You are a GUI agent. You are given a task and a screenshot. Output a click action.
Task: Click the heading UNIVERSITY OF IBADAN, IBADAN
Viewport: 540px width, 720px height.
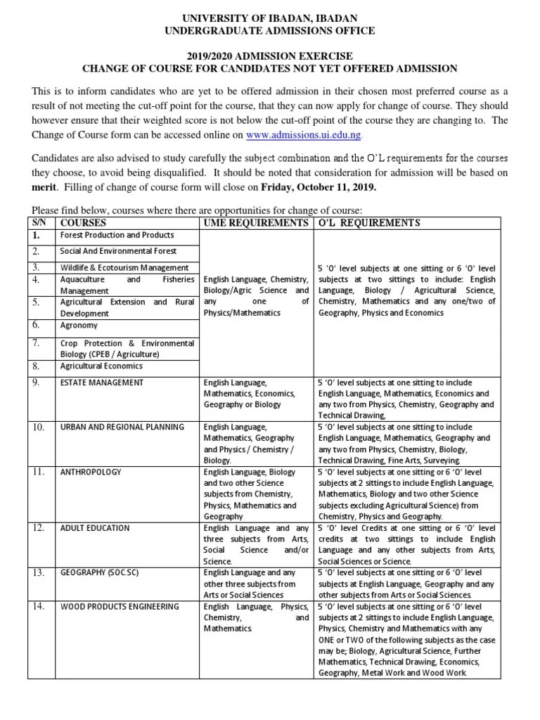click(x=270, y=18)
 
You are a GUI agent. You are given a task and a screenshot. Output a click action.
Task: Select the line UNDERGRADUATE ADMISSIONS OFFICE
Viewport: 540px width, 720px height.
click(x=270, y=31)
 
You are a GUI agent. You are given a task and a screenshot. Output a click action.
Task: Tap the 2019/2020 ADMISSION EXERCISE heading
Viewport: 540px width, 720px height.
click(x=270, y=56)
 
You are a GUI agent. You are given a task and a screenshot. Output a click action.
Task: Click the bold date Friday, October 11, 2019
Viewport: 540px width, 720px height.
click(x=319, y=188)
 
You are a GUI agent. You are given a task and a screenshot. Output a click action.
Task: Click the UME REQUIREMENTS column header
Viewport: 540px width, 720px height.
click(x=256, y=223)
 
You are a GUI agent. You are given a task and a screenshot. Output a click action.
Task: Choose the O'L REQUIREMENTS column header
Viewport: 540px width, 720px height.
click(x=369, y=223)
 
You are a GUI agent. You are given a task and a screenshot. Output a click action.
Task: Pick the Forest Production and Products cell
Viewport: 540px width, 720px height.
click(x=117, y=235)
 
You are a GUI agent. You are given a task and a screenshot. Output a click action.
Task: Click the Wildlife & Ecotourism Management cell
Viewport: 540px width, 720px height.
click(x=124, y=267)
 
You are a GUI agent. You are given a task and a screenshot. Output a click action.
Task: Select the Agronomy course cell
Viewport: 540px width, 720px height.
click(x=79, y=326)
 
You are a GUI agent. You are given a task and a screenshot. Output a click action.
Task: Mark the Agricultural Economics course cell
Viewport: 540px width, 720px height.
click(x=101, y=366)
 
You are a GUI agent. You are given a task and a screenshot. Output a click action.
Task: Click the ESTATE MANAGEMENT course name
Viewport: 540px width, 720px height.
click(x=102, y=382)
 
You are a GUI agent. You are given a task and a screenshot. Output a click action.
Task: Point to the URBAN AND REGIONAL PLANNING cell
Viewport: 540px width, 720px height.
click(x=122, y=427)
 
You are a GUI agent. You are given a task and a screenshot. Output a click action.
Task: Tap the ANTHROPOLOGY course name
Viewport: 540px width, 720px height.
click(x=91, y=472)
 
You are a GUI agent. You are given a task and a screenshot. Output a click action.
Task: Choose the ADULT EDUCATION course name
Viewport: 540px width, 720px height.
click(x=95, y=527)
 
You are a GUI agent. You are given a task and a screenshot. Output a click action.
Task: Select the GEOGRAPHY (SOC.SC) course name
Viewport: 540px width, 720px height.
click(x=99, y=572)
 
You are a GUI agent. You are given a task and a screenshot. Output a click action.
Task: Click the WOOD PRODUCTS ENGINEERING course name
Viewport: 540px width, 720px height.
click(x=120, y=606)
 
